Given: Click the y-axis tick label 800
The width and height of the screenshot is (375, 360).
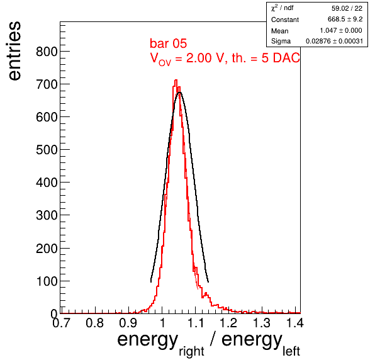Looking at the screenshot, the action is point(47,52).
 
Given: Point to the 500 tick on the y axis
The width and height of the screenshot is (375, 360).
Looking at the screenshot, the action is point(47,150).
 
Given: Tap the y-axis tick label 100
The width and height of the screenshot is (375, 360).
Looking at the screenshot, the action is point(47,281).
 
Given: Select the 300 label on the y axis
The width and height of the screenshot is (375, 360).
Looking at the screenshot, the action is point(47,215).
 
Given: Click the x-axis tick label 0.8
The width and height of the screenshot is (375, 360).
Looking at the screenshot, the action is point(95,323).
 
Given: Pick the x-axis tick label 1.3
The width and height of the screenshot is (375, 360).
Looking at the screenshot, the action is point(262,323).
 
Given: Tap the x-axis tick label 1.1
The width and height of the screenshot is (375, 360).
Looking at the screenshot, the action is point(196,323).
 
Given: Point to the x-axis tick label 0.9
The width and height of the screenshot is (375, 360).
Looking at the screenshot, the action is point(128,323).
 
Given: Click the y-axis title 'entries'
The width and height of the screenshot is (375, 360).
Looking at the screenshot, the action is point(14,51).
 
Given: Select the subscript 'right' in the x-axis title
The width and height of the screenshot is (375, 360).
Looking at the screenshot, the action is point(191,351).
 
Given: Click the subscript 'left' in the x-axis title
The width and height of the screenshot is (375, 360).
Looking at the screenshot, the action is point(291,351).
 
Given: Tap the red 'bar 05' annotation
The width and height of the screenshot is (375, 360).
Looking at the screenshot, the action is point(168,43).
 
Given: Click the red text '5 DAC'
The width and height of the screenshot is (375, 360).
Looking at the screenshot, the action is point(281,58).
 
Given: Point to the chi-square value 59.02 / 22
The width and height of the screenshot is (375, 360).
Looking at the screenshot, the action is point(347,8).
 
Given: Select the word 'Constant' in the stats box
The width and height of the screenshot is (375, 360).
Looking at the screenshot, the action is point(285,20).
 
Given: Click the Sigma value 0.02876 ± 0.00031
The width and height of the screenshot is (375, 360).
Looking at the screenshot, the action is point(334,41).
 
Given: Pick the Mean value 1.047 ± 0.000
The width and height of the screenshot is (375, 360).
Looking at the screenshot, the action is point(341,30).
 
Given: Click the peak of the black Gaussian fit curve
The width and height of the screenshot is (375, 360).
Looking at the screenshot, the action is point(179,93).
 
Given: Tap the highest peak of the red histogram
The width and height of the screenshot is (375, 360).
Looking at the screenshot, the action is point(176,80).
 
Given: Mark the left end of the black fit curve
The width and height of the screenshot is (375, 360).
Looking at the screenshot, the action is point(151,282).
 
